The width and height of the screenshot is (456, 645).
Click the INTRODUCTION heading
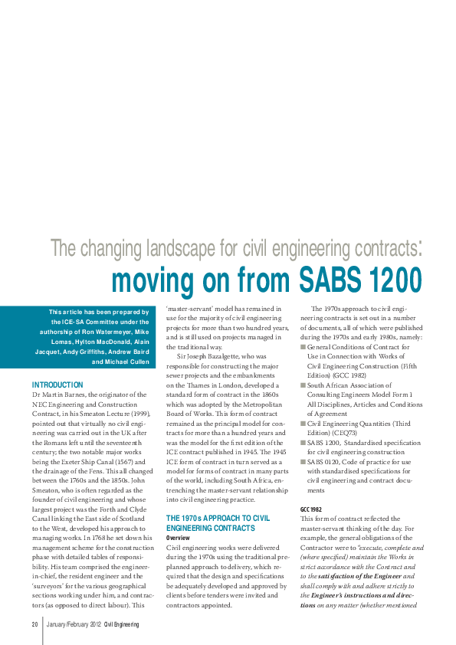pos(57,385)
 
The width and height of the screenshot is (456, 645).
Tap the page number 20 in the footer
pos(35,625)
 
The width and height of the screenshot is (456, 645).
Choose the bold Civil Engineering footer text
pos(122,625)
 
